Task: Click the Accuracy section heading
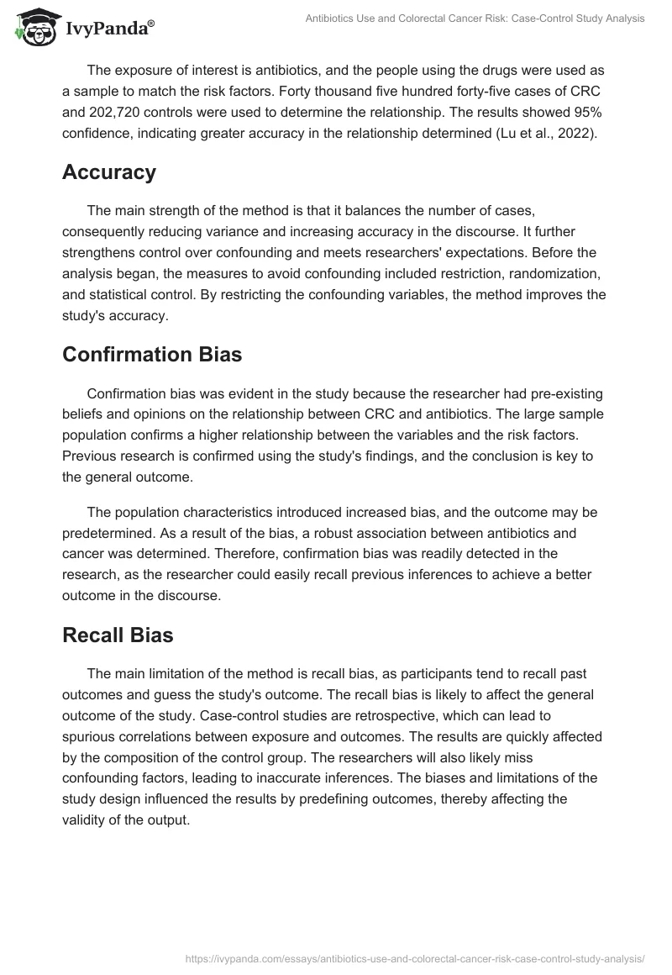tap(109, 172)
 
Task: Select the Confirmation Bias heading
tap(152, 355)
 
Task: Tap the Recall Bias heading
tap(118, 635)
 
